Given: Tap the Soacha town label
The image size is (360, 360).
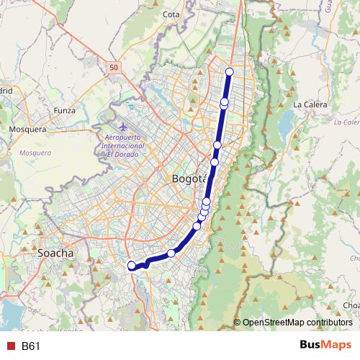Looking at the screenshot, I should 56,253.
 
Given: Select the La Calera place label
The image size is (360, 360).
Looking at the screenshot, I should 310,104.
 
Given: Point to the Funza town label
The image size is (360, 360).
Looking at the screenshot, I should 65,110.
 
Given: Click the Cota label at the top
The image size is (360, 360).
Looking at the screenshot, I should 171,14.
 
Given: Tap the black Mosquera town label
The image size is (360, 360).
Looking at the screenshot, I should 27,130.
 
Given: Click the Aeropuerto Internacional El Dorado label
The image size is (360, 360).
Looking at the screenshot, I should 125,145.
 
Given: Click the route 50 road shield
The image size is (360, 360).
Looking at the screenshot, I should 114,67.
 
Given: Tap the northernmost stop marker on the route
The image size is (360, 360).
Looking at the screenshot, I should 230,71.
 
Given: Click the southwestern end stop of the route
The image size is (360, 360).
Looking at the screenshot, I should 132,266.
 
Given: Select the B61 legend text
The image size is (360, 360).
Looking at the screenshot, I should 30,346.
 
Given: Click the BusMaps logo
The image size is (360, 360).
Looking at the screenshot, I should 325,346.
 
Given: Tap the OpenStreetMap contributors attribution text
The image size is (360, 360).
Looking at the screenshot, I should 297,322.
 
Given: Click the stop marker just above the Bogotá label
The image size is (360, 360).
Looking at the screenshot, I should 214,162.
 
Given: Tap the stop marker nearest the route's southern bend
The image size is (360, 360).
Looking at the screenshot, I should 171,253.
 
